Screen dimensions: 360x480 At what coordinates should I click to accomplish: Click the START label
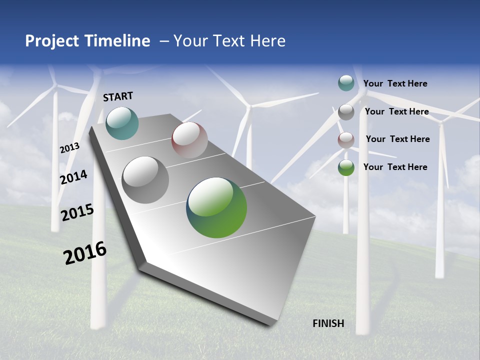click(x=118, y=96)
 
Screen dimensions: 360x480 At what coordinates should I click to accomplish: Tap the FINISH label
click(x=328, y=323)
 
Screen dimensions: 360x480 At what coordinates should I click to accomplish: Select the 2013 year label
click(x=69, y=147)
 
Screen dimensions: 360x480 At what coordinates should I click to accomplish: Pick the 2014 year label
click(x=73, y=177)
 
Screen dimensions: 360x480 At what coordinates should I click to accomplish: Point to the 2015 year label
click(x=77, y=212)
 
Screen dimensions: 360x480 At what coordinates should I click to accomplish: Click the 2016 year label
click(x=85, y=253)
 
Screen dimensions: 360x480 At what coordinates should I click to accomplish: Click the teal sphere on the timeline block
click(x=122, y=123)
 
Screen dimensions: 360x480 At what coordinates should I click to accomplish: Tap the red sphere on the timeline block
click(x=189, y=140)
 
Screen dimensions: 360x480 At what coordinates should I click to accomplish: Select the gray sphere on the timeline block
click(x=145, y=180)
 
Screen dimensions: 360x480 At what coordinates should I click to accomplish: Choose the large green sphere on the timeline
click(x=216, y=207)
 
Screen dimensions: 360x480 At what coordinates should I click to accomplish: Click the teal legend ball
click(x=346, y=83)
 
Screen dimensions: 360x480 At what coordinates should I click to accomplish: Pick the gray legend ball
click(x=346, y=112)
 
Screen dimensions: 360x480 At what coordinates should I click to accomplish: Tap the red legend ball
click(x=346, y=140)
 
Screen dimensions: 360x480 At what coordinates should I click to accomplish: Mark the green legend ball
click(x=346, y=167)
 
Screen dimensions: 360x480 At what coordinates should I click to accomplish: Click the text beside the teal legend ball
click(x=395, y=84)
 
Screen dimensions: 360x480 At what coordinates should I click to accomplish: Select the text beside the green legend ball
click(x=395, y=167)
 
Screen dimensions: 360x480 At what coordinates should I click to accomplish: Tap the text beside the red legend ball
click(x=397, y=139)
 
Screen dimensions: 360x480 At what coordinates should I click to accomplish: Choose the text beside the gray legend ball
click(x=396, y=111)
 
